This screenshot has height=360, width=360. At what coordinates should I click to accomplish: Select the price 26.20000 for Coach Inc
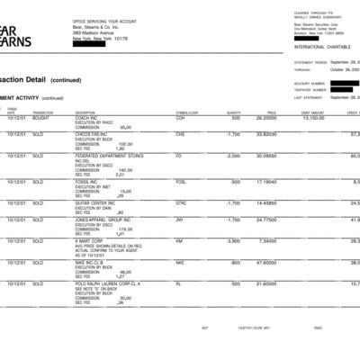click(265, 117)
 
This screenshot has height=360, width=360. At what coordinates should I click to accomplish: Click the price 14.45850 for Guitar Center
click(265, 202)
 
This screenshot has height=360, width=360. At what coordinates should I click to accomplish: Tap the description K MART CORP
click(90, 240)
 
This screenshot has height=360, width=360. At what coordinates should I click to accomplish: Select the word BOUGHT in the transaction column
click(42, 117)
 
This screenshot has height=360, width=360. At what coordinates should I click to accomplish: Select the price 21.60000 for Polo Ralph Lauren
click(265, 283)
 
